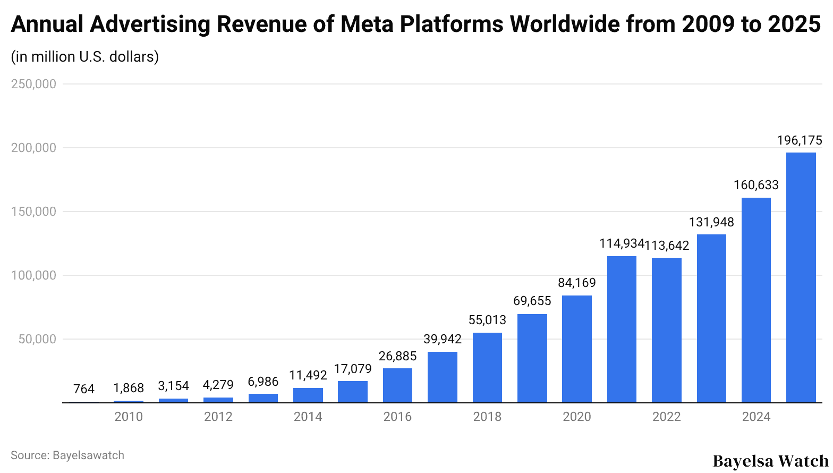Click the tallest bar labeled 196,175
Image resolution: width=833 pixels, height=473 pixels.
[x=801, y=277]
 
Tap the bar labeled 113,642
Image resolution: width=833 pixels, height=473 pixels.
[x=666, y=330]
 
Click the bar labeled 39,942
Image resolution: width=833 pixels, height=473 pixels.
[x=442, y=377]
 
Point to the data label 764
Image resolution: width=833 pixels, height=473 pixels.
[x=84, y=389]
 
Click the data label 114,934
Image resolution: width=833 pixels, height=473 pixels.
[x=621, y=243]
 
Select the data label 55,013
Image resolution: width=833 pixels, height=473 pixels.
[x=487, y=320]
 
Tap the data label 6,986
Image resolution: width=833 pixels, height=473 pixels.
[x=263, y=382]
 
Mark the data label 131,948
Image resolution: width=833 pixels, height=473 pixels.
[x=711, y=222]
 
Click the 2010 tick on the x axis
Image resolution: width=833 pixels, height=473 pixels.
[x=129, y=417]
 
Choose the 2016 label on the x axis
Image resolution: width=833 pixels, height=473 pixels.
[x=397, y=417]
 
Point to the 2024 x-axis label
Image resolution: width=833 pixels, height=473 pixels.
[x=756, y=417]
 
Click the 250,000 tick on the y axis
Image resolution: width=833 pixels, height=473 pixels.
[x=33, y=84]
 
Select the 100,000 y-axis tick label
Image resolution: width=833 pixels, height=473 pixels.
[x=33, y=275]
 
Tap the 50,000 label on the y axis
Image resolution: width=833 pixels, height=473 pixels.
[x=37, y=339]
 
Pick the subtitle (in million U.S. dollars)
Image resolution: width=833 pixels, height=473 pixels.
[x=85, y=56]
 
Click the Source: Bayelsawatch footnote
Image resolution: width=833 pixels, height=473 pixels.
[x=67, y=455]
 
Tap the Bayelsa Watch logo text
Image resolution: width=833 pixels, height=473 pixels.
[x=770, y=461]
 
